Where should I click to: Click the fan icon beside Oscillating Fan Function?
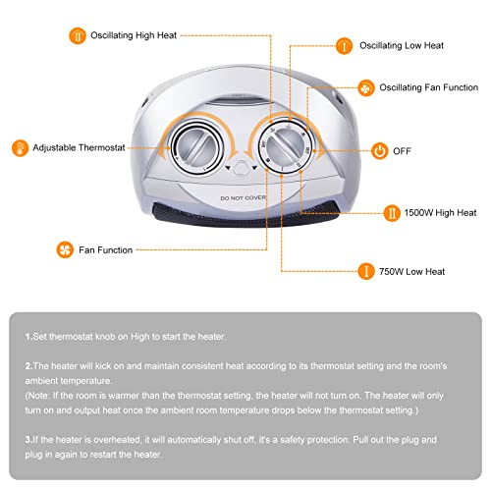click(x=365, y=86)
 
